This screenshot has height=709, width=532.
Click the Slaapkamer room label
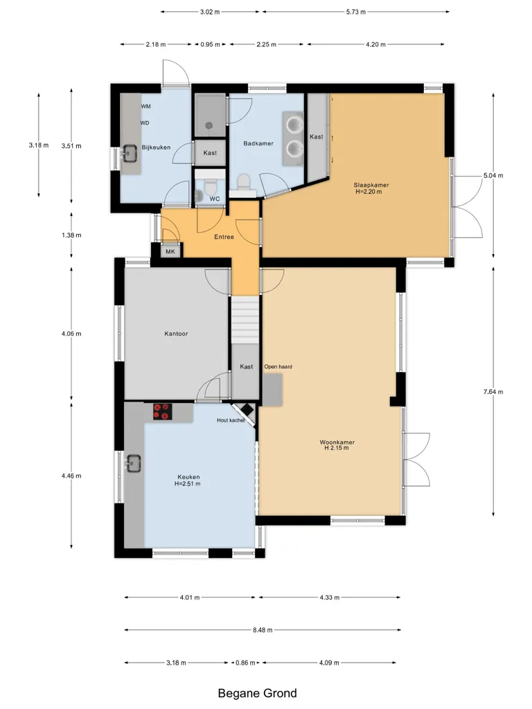click(371, 185)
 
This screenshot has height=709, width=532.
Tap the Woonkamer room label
click(337, 442)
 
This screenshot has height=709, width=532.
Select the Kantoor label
click(176, 334)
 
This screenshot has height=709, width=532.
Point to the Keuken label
click(188, 477)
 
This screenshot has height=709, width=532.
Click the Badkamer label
click(258, 143)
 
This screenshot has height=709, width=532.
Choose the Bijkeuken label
click(156, 147)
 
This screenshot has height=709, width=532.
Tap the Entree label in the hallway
click(224, 237)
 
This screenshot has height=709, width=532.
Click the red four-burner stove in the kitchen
click(162, 411)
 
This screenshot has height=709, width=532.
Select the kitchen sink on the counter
click(134, 463)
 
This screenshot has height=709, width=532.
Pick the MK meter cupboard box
click(170, 251)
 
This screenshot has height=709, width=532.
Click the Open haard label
click(278, 367)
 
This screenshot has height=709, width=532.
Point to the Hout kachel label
click(231, 420)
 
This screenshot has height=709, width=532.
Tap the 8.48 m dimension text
click(263, 630)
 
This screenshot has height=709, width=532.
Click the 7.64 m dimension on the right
click(493, 392)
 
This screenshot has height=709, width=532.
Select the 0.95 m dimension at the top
click(211, 44)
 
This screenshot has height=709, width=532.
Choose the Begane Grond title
click(258, 693)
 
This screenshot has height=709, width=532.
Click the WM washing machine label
click(145, 107)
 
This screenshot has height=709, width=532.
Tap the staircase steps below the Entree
click(245, 320)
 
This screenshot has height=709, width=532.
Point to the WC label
click(215, 199)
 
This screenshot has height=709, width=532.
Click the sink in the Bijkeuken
click(128, 153)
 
